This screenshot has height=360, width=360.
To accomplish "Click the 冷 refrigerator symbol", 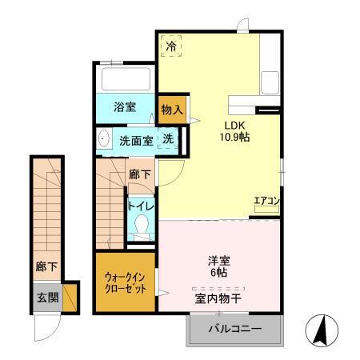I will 170,46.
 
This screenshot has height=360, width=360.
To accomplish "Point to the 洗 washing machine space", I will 169,139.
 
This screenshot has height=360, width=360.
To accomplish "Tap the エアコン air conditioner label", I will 266,202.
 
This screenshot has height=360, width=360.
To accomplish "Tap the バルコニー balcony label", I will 236,329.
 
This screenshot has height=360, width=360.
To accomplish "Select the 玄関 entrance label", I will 46,297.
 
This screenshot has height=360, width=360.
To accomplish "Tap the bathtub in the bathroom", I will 126,78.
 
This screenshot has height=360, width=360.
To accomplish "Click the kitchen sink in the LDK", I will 269,81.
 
